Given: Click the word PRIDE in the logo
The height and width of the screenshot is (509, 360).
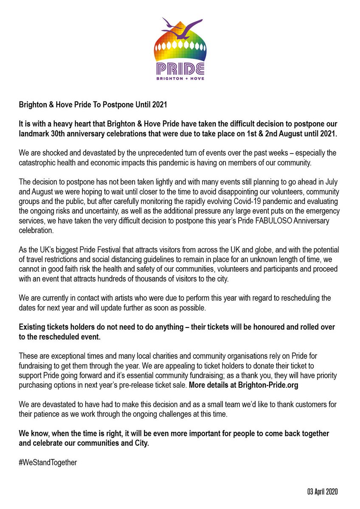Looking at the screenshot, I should pyautogui.click(x=180, y=68).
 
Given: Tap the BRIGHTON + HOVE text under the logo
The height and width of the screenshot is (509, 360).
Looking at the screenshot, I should pyautogui.click(x=180, y=79).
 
